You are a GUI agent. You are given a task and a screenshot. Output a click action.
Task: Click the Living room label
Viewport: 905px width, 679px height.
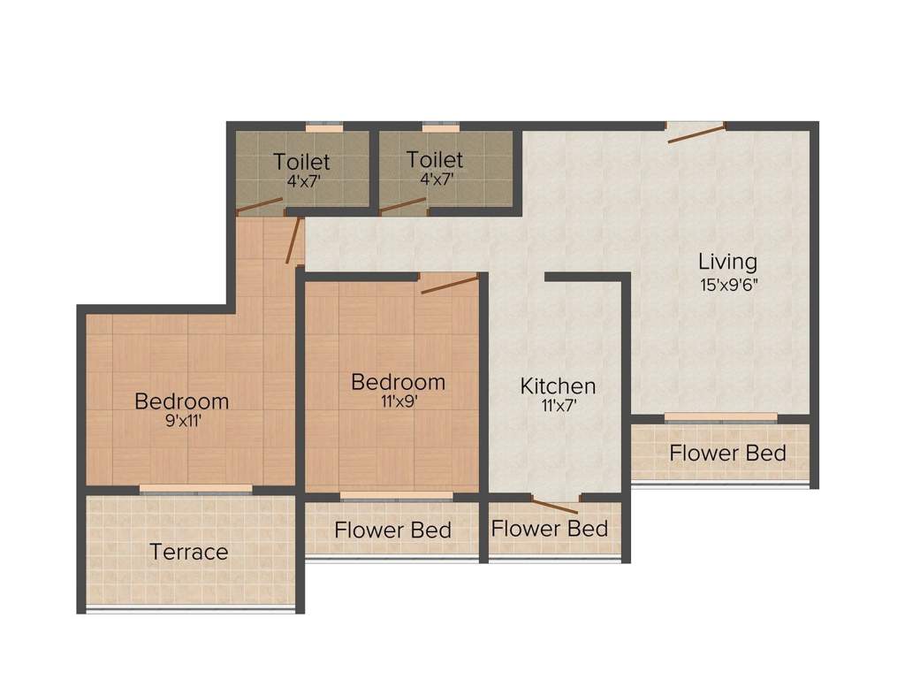727,262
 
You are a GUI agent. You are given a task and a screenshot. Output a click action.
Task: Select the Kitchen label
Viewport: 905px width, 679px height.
558,386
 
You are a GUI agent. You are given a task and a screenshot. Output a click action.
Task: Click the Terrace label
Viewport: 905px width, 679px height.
189,553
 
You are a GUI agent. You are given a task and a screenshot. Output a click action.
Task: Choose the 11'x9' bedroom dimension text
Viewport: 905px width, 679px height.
398,401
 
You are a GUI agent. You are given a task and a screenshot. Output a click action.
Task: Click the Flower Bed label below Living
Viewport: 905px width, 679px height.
727,454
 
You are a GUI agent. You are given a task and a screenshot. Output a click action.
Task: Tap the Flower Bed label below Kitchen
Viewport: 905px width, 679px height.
550,529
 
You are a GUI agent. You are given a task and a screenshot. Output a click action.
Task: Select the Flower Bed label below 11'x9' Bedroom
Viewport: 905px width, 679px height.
392,530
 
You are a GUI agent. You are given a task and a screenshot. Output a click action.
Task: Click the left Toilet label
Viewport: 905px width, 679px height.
301,162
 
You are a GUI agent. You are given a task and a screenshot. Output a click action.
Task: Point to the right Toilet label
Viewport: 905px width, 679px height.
435,160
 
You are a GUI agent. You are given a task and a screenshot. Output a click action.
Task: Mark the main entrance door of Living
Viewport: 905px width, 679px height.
696,134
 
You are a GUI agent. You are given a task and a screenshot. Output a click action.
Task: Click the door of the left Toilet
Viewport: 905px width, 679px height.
261,206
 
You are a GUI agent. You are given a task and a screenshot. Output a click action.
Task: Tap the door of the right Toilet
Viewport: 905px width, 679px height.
403,205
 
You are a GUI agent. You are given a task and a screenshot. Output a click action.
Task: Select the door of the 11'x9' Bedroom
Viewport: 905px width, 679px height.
450,284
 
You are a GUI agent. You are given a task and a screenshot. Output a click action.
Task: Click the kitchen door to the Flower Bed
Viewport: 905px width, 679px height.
554,506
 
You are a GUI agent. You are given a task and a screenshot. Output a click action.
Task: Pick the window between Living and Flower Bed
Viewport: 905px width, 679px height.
720,416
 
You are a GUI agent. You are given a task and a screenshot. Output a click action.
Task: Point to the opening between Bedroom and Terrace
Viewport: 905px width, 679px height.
195,489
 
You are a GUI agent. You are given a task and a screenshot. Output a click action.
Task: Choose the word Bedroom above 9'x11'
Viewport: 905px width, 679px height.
181,401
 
